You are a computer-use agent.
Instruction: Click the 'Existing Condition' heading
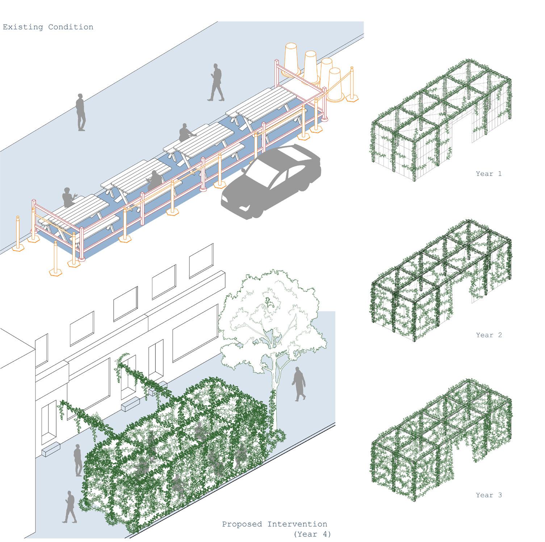click(48, 27)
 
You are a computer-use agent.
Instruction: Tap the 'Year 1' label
click(489, 174)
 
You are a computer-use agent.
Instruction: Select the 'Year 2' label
click(489, 335)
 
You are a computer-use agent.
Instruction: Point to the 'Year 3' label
click(489, 495)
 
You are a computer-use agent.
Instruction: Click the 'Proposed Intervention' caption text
click(274, 524)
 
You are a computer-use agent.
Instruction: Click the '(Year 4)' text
click(312, 534)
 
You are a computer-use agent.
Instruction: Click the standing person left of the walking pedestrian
click(81, 112)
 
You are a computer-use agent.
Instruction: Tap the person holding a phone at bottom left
click(70, 506)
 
